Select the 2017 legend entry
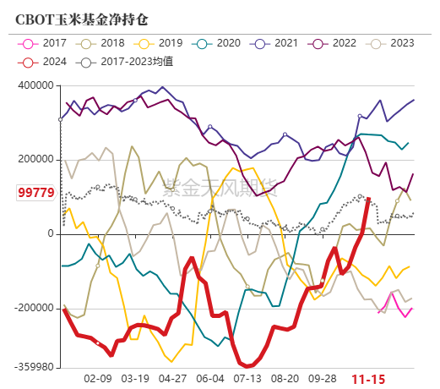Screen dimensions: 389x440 (46, 42)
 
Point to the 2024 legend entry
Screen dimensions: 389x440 (46, 61)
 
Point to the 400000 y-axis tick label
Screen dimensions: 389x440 (35, 85)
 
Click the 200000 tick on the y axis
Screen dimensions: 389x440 (35, 159)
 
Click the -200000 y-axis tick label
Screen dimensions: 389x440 (33, 309)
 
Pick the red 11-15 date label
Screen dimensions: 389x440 (368, 380)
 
